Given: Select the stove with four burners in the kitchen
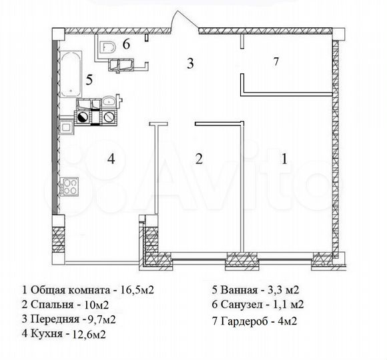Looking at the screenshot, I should click(69, 187).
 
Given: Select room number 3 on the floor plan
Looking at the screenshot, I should click(190, 64).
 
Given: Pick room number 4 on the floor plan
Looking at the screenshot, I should click(113, 159).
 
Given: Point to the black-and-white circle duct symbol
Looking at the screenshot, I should click(83, 117).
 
